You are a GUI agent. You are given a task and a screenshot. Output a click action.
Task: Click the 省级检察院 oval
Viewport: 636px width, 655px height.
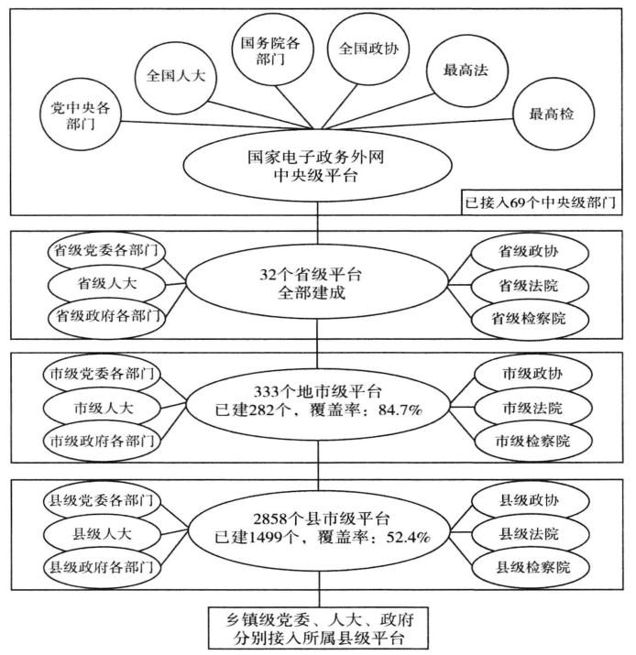(531, 315)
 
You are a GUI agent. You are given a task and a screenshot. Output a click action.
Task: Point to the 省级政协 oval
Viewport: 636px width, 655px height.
(531, 249)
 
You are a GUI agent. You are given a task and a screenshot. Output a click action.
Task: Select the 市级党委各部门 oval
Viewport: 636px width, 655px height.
(101, 373)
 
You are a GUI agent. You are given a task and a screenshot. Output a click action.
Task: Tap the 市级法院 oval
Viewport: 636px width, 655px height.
(531, 406)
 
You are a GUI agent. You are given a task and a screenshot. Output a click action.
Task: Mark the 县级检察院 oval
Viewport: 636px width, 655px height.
(531, 565)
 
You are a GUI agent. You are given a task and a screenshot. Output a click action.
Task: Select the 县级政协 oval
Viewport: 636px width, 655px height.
(531, 500)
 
